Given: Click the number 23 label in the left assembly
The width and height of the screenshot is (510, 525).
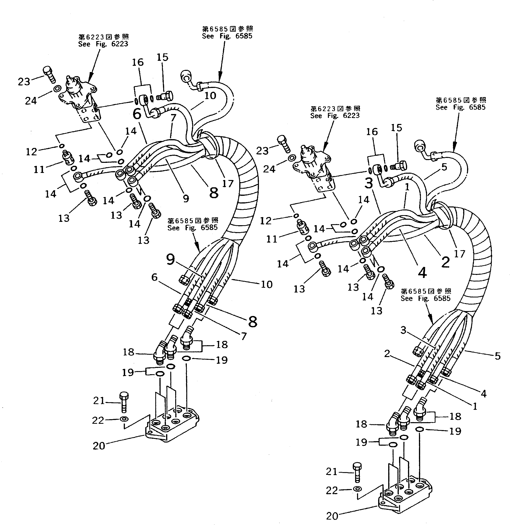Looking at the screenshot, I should tap(24, 81).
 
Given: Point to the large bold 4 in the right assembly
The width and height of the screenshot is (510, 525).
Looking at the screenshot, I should tap(422, 273).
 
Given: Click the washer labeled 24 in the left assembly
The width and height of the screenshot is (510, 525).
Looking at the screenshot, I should tap(57, 89).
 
